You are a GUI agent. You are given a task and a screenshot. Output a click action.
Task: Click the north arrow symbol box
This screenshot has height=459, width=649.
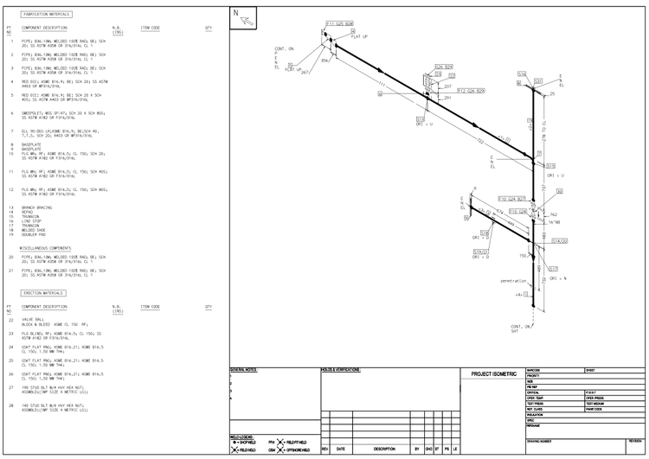tap(240, 14)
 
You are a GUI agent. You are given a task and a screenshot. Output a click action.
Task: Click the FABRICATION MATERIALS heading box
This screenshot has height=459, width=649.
tap(47, 15)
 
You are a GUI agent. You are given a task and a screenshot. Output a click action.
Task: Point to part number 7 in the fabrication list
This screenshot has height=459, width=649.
tap(10, 131)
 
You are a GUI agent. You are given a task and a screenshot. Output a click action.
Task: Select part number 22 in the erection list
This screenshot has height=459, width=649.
tap(10, 320)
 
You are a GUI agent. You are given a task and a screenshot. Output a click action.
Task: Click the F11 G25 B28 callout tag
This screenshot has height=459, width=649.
tap(339, 23)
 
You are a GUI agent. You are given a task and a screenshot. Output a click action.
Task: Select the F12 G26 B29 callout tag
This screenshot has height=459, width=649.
tap(471, 90)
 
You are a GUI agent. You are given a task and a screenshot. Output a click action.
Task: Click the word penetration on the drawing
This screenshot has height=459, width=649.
tap(512, 281)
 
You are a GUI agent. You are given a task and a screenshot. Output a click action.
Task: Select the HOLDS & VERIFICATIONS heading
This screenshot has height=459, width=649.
tap(340, 370)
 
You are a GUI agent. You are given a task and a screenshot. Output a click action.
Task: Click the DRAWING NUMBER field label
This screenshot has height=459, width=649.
tap(540, 440)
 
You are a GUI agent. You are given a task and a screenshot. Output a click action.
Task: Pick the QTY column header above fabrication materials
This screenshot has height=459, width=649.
tap(209, 29)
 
